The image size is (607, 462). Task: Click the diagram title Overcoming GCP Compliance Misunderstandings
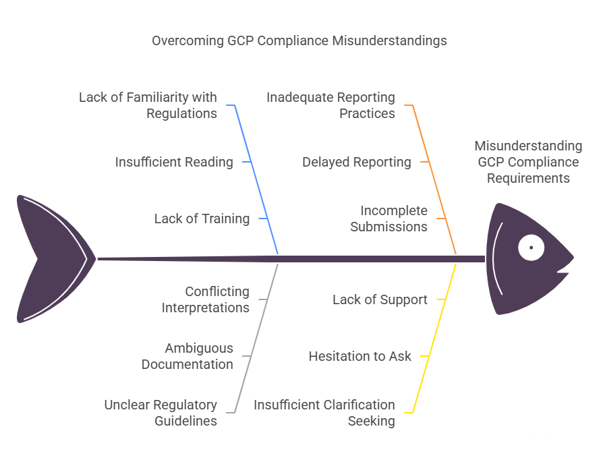(x=299, y=40)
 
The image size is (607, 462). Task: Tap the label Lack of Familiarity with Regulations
(x=148, y=105)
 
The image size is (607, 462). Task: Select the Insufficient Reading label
(x=174, y=162)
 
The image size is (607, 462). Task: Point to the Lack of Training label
(x=202, y=219)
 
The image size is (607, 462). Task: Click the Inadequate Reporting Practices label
(x=330, y=105)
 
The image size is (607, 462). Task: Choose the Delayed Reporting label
(x=356, y=162)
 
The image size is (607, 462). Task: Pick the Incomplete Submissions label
(x=388, y=219)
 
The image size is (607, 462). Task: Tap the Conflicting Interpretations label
(x=205, y=299)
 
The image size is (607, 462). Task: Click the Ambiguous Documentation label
(x=187, y=356)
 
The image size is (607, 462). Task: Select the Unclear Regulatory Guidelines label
(x=161, y=413)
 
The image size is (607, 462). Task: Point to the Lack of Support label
(x=380, y=299)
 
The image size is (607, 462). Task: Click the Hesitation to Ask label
(x=359, y=356)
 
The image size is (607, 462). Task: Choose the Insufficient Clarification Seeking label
(x=324, y=413)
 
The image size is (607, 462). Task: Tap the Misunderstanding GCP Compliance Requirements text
(x=528, y=162)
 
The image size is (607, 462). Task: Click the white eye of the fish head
(x=531, y=248)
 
